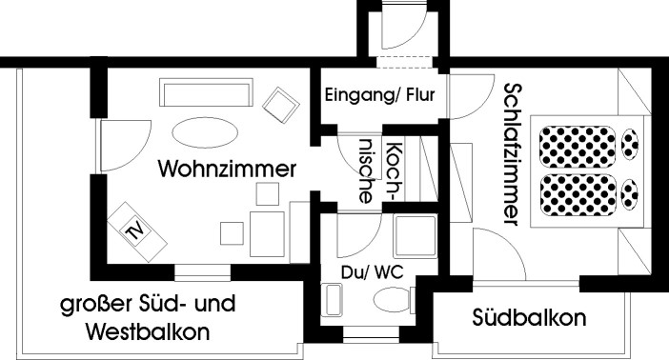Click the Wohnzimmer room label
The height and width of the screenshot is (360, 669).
pyautogui.click(x=227, y=169)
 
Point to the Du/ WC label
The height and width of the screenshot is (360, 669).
pyautogui.click(x=373, y=271)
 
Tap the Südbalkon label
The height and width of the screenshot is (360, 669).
pyautogui.click(x=529, y=318)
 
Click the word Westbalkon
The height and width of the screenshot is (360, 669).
pyautogui.click(x=147, y=332)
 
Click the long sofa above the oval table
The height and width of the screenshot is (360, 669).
pyautogui.click(x=208, y=93)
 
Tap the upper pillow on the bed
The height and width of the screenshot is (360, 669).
pyautogui.click(x=630, y=146)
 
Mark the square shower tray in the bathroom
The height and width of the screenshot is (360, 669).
pyautogui.click(x=416, y=238)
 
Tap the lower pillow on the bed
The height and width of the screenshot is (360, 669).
pyautogui.click(x=630, y=193)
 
